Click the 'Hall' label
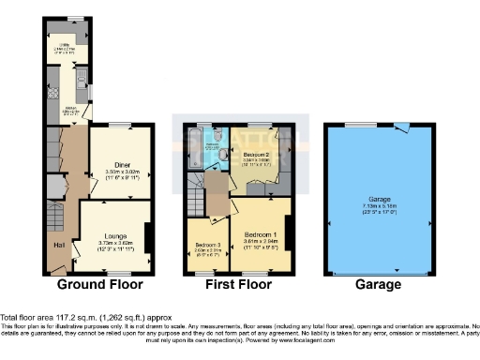click(58, 245)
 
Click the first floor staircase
click(198, 199)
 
